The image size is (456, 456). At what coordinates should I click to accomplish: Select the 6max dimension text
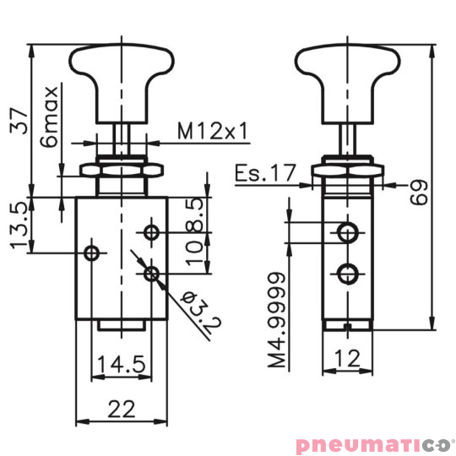pyautogui.click(x=52, y=116)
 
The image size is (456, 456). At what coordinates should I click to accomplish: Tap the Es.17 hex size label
pyautogui.click(x=265, y=173)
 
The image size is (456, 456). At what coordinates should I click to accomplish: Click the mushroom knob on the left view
pyautogui.click(x=123, y=73)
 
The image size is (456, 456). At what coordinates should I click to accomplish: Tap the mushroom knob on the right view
pyautogui.click(x=347, y=73)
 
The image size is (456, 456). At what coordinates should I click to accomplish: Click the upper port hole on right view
pyautogui.click(x=347, y=231)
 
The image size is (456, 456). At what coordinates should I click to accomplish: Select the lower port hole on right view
pyautogui.click(x=347, y=272)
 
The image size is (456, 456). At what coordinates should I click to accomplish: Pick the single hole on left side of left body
pyautogui.click(x=93, y=252)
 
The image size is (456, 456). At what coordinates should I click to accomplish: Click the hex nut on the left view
pyautogui.click(x=123, y=171)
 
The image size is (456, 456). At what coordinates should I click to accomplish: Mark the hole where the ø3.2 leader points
pyautogui.click(x=152, y=272)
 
